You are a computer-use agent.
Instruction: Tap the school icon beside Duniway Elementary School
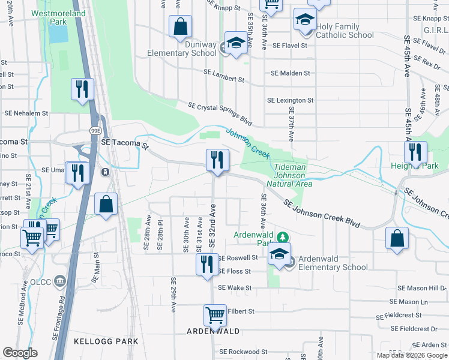(x=235, y=44)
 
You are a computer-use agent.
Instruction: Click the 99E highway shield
(x=95, y=130)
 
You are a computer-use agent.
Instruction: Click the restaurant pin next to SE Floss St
(x=207, y=265)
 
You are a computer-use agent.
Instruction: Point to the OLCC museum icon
(x=59, y=281)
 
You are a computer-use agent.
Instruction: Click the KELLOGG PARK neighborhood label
(x=106, y=341)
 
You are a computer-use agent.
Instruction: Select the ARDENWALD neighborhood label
(x=213, y=331)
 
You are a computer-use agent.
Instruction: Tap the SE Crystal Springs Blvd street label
(x=220, y=113)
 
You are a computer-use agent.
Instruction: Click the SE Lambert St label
(x=224, y=76)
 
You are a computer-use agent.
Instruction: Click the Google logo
(x=20, y=353)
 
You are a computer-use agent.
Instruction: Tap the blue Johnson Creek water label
(x=248, y=142)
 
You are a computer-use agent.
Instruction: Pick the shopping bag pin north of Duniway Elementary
(x=180, y=27)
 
